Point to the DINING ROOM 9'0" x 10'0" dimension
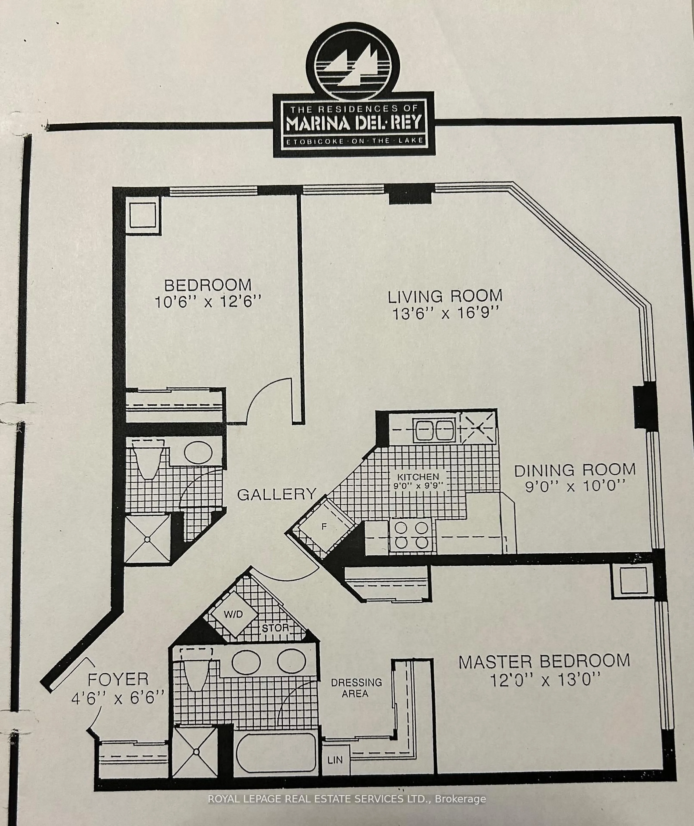click(575, 487)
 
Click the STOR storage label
click(276, 628)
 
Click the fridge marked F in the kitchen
click(324, 526)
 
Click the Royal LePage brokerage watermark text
click(346, 799)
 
